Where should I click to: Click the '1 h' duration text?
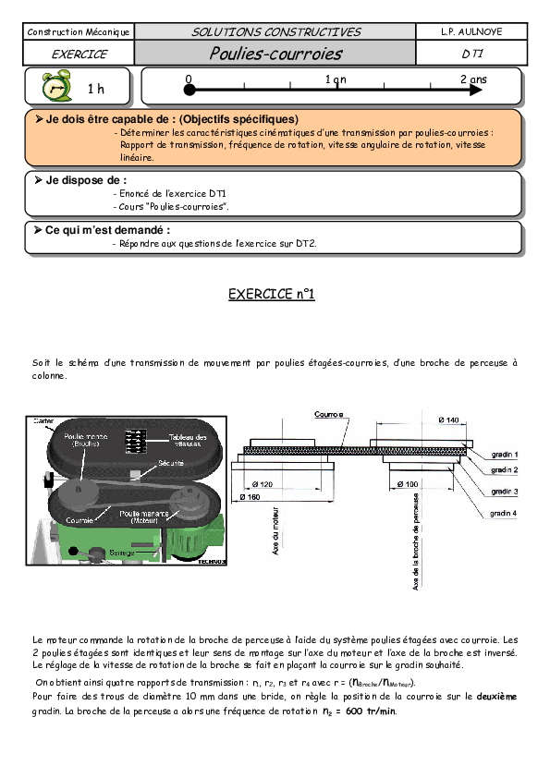tap(96, 90)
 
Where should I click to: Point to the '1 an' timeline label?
tap(336, 79)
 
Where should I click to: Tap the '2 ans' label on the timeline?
tap(472, 79)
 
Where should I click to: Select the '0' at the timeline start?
tap(189, 79)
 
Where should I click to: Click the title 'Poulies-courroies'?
tap(275, 54)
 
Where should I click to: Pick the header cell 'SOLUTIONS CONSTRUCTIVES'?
tap(275, 32)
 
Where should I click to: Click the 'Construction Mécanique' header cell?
tap(79, 32)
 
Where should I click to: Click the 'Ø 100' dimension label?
tap(407, 483)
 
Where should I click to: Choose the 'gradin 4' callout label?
tap(504, 512)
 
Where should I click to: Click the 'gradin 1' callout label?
tap(504, 455)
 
